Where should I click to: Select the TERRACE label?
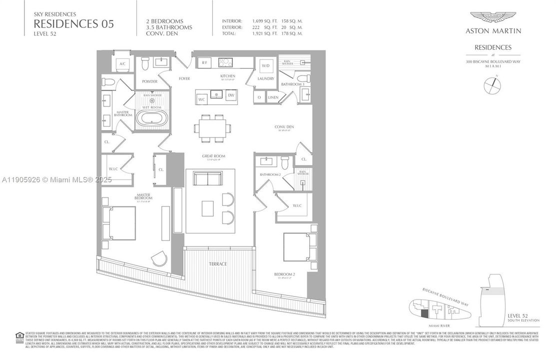point(218,264)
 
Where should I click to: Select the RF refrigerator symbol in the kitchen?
point(204,63)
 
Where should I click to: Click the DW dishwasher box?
point(231,95)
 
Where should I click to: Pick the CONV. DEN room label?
point(284,127)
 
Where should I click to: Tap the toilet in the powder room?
point(145,63)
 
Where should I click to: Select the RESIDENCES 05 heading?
point(74,23)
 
